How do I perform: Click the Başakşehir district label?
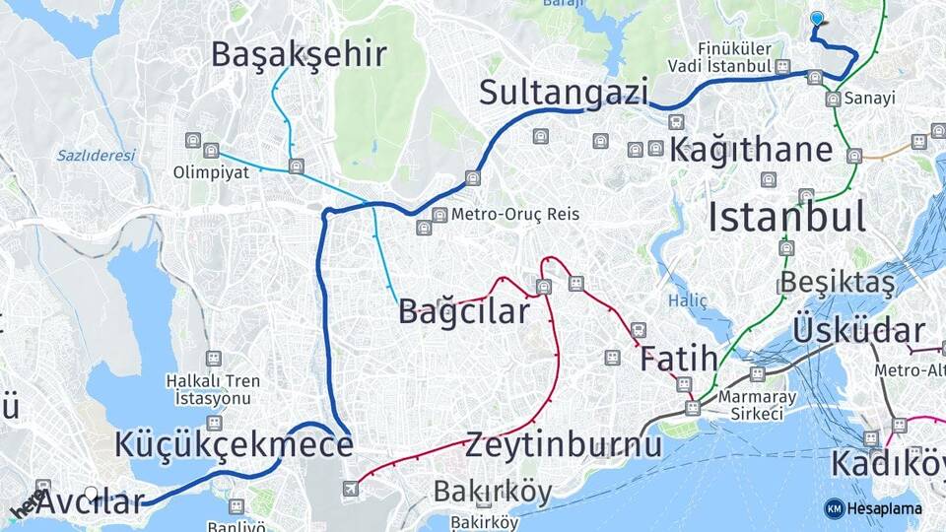pos(299,54)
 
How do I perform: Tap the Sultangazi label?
pos(564,93)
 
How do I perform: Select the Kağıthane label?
pos(751,151)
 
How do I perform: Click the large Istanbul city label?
pos(786,217)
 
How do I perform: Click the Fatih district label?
pos(679,360)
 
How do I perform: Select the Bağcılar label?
pos(463,311)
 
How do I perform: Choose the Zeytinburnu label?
pos(564,444)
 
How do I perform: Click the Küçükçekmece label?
pos(234,444)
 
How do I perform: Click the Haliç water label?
pos(687,299)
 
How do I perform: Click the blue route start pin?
pos(816,19)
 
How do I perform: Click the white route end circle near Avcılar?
pos(91,493)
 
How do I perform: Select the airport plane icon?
pos(350,489)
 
